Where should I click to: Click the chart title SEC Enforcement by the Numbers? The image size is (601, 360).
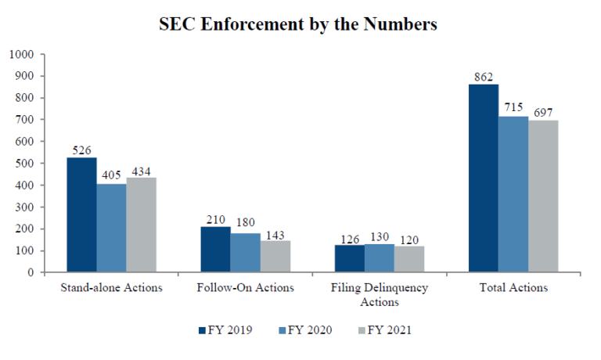click(x=297, y=24)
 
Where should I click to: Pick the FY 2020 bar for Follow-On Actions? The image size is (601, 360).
click(x=246, y=253)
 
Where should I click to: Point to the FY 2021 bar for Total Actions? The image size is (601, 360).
click(x=543, y=196)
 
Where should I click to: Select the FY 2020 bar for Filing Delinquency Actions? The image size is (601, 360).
click(x=380, y=258)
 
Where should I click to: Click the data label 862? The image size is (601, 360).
click(x=483, y=77)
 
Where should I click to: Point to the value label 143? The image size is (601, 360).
click(x=275, y=233)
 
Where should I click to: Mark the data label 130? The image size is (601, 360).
click(x=380, y=236)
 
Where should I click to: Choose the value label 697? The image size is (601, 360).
click(x=543, y=113)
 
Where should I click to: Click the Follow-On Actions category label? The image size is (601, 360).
click(x=246, y=288)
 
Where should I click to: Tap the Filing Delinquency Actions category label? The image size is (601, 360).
click(x=380, y=294)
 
